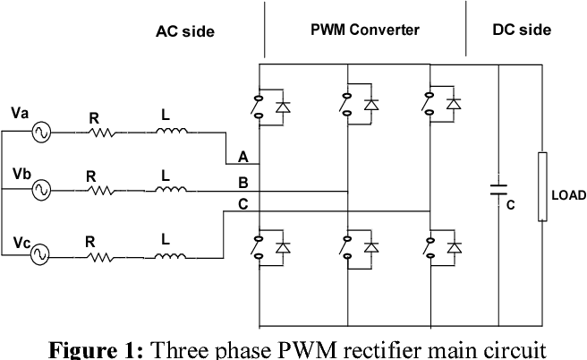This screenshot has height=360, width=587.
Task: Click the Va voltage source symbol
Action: point(40,133)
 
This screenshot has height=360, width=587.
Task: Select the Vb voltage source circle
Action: point(40,190)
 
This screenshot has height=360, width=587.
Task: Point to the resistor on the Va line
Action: point(101,133)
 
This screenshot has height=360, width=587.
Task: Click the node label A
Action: point(242,156)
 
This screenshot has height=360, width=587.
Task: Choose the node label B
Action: point(242,182)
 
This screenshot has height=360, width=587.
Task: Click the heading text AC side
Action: point(186,31)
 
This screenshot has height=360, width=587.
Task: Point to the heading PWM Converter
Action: point(364,30)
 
